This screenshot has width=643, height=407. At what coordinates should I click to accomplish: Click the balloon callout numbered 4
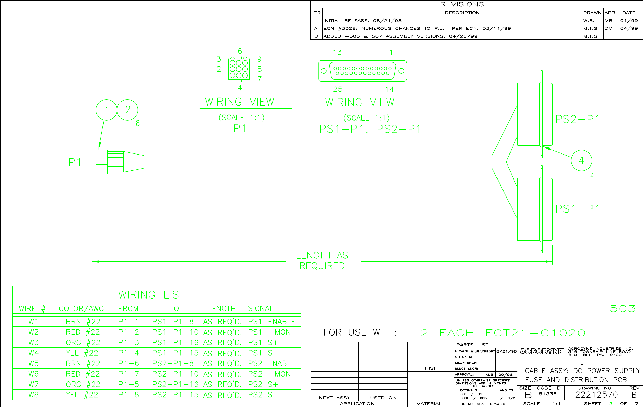pos(581,161)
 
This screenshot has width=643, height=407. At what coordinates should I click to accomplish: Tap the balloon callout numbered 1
pos(106,110)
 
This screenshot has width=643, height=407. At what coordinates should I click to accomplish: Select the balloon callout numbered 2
pos(128,110)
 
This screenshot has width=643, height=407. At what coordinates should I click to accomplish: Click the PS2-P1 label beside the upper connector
pos(577,119)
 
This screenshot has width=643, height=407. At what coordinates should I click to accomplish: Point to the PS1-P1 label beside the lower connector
pos(577,209)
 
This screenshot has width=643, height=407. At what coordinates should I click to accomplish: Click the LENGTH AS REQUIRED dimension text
pos(322,261)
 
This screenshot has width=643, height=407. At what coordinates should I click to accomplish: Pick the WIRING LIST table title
pos(151,295)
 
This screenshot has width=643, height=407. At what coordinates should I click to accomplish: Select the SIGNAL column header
pos(261,309)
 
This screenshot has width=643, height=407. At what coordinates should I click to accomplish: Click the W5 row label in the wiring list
pos(33,363)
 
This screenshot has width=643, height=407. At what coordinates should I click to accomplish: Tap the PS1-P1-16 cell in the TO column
pos(175,342)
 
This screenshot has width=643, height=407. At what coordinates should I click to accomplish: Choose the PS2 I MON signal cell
pos(269,374)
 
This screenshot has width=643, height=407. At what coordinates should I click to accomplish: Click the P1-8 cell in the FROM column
pos(129,395)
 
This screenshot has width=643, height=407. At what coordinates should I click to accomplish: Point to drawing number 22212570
pos(596,395)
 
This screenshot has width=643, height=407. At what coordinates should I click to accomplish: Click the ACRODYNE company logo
pos(542,351)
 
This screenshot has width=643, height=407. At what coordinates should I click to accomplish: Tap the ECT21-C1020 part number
pos(535,333)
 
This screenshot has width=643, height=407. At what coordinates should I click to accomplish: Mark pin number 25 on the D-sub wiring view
pos(337,89)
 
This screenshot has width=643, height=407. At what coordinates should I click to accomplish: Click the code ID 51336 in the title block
pos(547,394)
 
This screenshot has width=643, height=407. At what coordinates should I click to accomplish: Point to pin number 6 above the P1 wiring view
pos(240,51)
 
